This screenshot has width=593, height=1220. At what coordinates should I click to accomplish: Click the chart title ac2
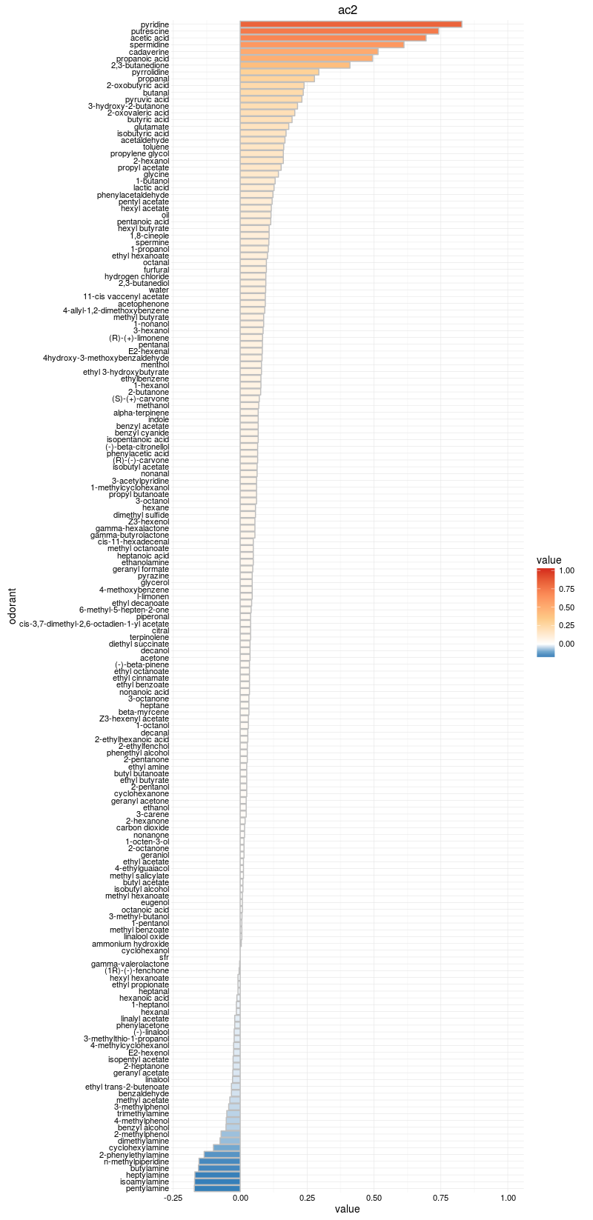[348, 9]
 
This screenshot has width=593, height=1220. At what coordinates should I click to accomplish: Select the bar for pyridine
[351, 24]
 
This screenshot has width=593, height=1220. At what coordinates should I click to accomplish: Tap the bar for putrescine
[339, 31]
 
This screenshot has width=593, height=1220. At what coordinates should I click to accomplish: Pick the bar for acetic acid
[333, 38]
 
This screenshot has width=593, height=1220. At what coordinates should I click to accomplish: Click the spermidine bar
[322, 45]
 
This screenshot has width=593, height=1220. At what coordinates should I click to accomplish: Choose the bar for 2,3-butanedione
[295, 65]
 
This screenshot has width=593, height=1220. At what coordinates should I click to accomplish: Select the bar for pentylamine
[217, 1189]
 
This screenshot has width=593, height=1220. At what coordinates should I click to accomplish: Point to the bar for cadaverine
[309, 52]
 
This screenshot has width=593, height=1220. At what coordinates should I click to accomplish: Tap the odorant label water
[159, 290]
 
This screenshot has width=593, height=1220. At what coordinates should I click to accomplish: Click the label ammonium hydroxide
[130, 944]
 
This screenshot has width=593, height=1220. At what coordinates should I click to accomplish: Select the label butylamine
[150, 1169]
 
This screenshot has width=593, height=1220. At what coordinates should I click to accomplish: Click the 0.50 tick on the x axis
[374, 1197]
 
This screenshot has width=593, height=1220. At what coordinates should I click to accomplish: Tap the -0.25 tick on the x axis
[173, 1197]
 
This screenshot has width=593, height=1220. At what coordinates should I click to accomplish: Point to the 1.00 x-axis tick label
[508, 1197]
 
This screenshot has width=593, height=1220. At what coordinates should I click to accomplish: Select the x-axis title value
[347, 1210]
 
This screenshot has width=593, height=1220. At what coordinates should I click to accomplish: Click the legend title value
[549, 560]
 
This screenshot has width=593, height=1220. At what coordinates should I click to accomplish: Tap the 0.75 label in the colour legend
[566, 589]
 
